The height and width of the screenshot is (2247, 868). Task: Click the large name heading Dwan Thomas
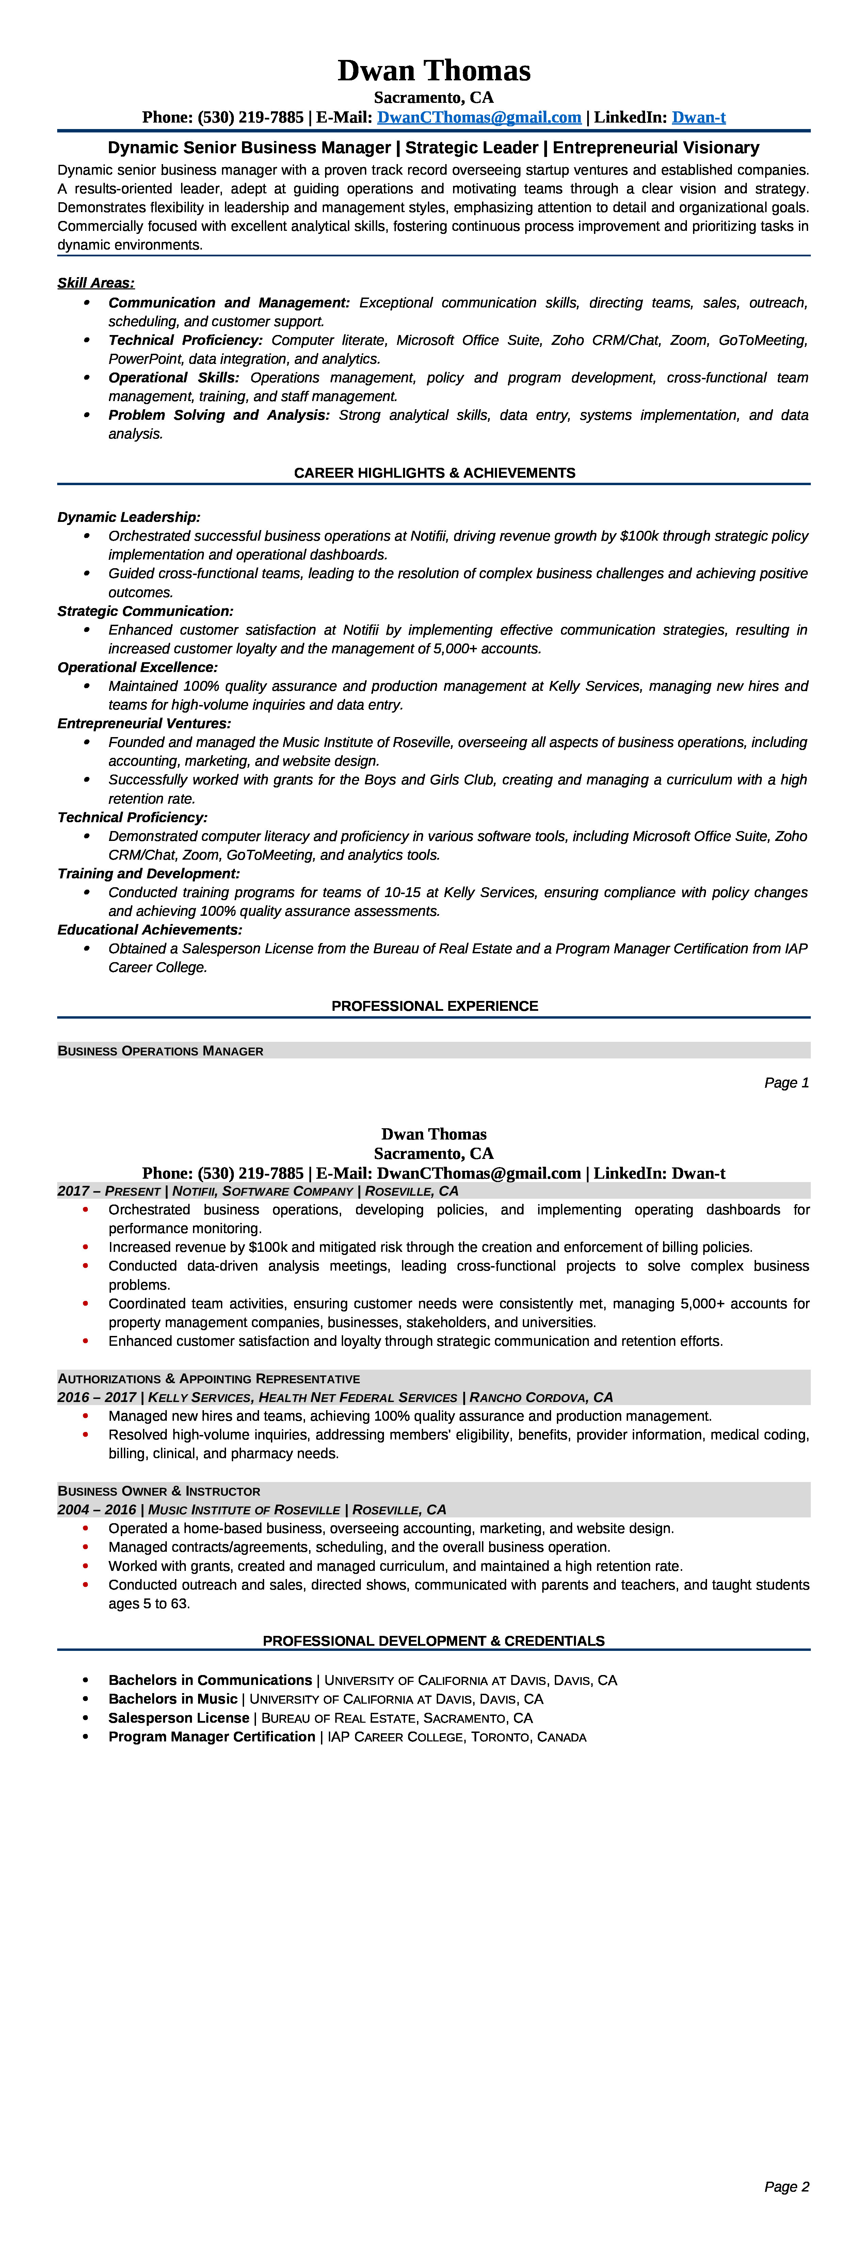click(434, 71)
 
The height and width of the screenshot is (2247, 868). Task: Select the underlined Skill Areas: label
click(96, 283)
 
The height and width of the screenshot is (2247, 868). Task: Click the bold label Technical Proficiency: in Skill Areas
click(185, 340)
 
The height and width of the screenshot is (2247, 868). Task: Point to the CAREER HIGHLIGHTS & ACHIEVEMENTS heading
click(434, 473)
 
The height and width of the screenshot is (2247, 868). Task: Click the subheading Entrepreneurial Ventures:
click(144, 723)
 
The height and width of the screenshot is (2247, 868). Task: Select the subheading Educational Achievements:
click(149, 930)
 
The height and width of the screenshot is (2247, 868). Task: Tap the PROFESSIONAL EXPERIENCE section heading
click(434, 1006)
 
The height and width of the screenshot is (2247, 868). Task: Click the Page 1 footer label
click(786, 1083)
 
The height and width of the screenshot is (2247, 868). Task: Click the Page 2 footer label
click(786, 2186)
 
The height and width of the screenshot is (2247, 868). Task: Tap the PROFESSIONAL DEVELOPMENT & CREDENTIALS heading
click(434, 1641)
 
